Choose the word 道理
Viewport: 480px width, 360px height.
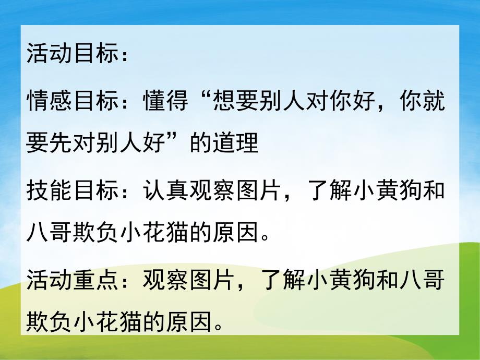point(235,143)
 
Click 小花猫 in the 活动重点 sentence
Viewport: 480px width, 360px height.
point(118,323)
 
